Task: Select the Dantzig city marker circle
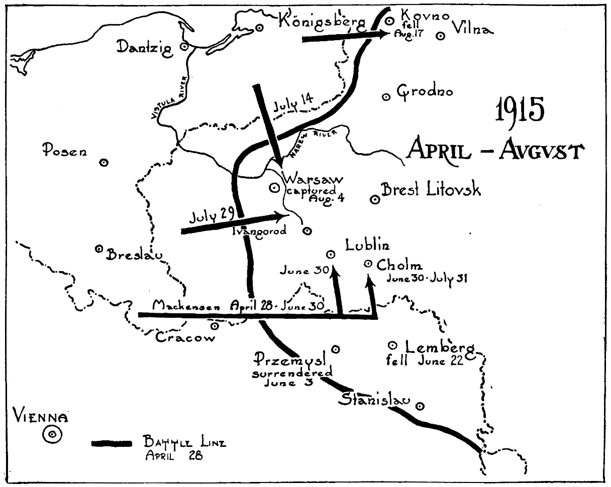184,46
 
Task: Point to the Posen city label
64,149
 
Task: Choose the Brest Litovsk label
431,190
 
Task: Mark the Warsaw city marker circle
274,188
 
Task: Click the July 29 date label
212,216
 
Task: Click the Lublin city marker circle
331,254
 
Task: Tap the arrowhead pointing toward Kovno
384,34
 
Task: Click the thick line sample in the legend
112,443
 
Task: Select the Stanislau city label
374,400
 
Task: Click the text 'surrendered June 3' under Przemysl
291,378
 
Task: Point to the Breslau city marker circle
99,249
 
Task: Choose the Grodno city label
425,92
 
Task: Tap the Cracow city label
185,337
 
